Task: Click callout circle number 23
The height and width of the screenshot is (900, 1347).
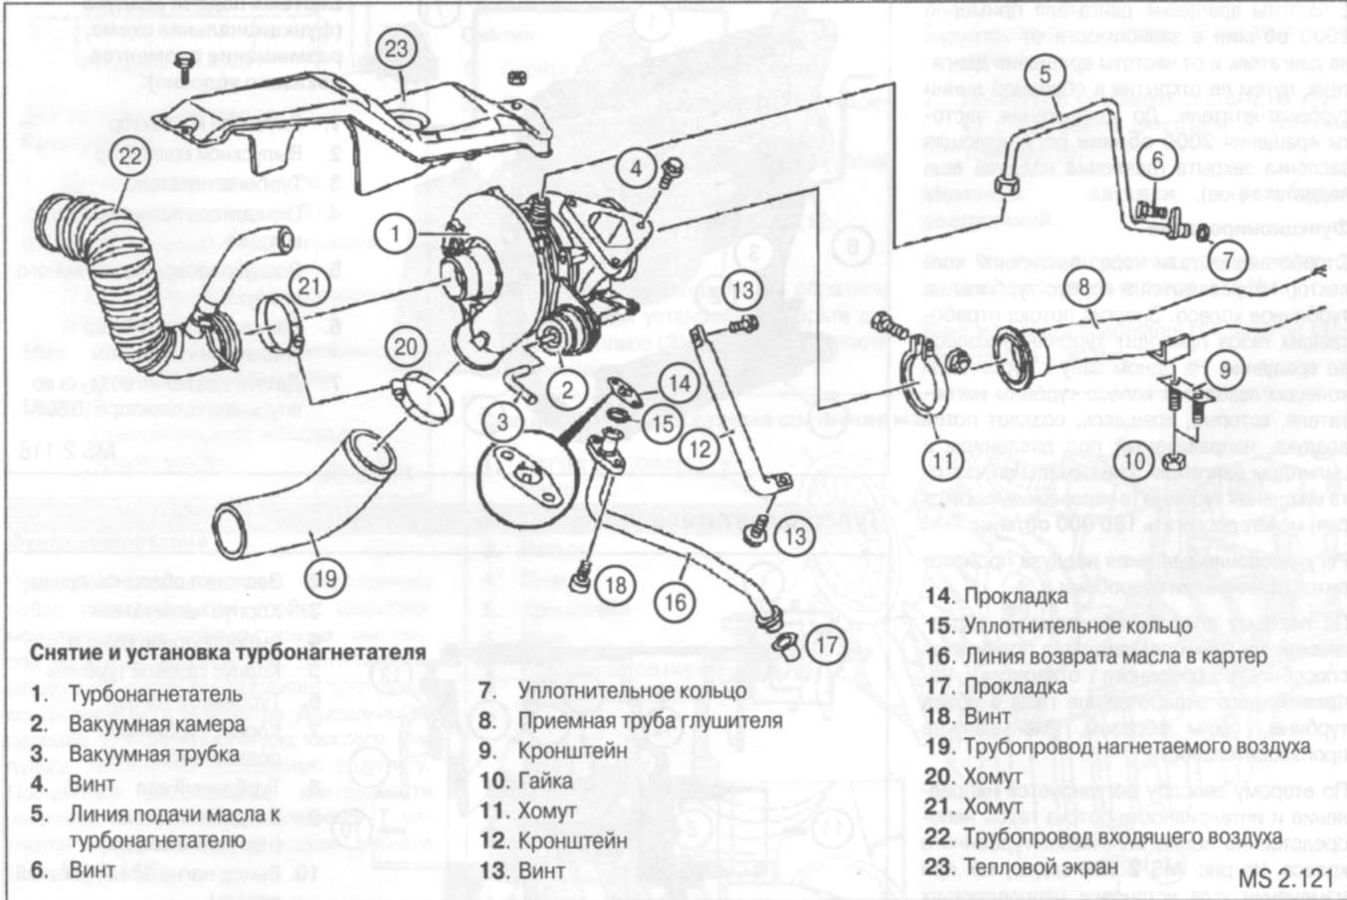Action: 396,49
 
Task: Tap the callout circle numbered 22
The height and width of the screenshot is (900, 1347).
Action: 131,156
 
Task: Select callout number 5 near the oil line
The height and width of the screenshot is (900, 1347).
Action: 1045,75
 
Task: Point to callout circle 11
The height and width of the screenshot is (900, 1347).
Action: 942,460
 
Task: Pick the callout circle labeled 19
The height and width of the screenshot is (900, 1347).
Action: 324,578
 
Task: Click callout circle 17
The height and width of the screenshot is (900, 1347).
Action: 827,644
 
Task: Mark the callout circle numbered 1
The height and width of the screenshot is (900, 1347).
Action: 395,235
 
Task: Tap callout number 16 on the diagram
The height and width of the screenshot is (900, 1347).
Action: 674,602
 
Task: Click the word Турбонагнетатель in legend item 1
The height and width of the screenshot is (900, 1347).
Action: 154,694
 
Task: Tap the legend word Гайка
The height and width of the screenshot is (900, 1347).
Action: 545,781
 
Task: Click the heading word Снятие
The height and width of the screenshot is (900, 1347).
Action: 67,653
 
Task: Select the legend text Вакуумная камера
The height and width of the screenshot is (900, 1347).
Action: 156,724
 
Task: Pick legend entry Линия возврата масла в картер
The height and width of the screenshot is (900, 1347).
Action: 1115,656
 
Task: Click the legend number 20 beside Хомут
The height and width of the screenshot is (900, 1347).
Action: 938,777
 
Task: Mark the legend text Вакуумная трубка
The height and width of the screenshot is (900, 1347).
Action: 153,754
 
